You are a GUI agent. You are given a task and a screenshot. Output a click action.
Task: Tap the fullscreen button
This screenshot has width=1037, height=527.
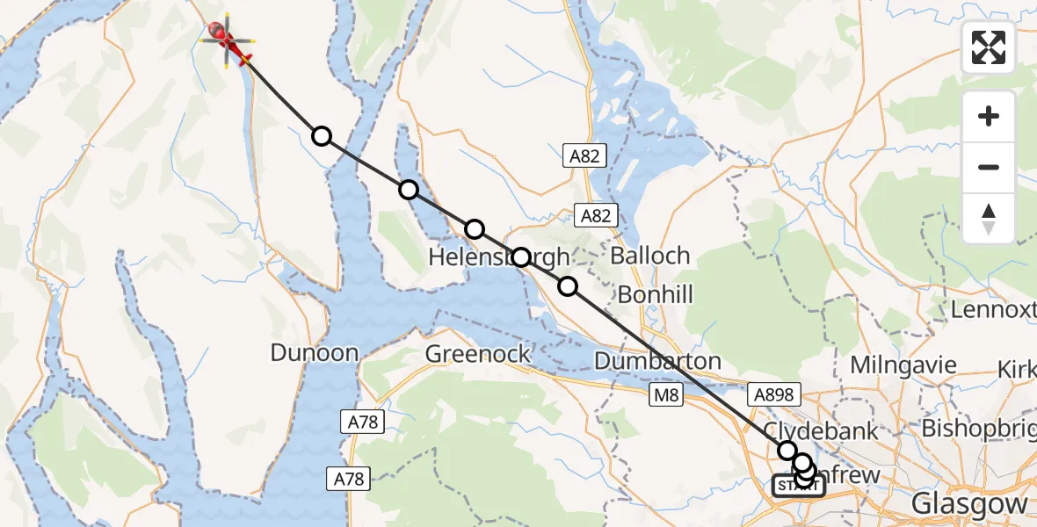coord(989,47)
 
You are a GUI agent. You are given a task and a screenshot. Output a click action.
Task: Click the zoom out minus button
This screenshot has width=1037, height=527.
coord(989,167)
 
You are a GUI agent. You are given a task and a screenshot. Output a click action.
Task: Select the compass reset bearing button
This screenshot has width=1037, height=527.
coord(989,219)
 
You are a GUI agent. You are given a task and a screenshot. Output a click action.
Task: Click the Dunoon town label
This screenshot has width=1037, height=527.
coord(314,353)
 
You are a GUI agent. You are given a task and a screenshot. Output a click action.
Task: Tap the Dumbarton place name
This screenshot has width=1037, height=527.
coord(657,360)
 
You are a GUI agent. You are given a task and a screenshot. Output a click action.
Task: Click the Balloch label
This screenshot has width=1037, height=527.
coord(649,256)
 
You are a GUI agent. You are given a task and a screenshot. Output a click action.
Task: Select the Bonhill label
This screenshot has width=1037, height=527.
coord(655,294)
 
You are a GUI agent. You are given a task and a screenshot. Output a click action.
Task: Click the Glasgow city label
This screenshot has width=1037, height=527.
coord(969,504)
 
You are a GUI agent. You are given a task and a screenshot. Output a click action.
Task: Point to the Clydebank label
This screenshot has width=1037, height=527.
coord(821,430)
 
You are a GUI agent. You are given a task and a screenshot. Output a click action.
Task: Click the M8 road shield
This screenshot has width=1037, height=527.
coord(664,396)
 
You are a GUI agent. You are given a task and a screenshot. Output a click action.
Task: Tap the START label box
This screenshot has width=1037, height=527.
coord(798,486)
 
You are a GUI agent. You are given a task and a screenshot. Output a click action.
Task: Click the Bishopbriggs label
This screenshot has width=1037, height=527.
coord(977,429)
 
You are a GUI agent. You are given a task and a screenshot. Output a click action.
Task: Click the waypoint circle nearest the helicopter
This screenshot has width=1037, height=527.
coord(322,136)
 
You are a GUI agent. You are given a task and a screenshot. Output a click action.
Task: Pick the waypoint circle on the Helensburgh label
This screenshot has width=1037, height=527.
coord(521,257)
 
